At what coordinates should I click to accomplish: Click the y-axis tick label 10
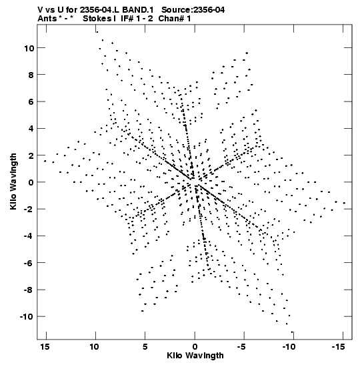point(29,49)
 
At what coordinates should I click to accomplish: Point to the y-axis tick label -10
point(27,317)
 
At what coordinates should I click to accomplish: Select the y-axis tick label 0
point(31,183)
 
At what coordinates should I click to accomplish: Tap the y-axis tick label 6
point(31,102)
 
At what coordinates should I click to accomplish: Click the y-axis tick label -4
point(29,236)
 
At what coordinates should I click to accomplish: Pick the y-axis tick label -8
point(29,290)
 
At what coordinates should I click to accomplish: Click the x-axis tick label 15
point(45,347)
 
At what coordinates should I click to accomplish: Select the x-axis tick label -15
point(338,347)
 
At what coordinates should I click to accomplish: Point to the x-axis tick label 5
point(145,347)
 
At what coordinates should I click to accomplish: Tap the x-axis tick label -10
point(289,347)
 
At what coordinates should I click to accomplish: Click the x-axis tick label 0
point(195,347)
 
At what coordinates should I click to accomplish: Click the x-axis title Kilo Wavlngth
point(195,356)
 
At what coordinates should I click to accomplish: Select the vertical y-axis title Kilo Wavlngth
point(13,181)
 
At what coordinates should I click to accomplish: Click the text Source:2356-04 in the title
point(193,10)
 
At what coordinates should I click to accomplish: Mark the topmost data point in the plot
point(97,32)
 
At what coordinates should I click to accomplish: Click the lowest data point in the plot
point(292,332)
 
